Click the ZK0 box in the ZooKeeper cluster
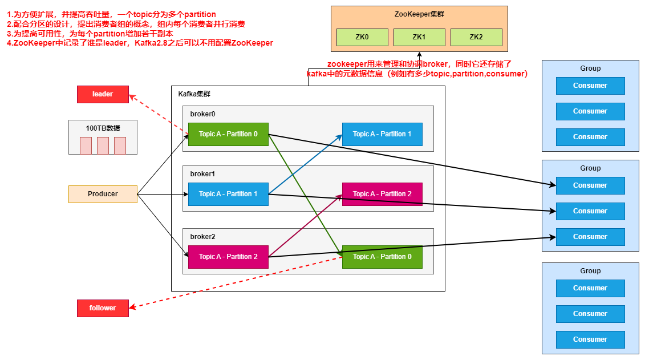tap(362, 37)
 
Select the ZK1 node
tap(419, 37)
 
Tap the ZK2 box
tap(476, 37)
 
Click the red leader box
tap(103, 94)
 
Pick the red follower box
tap(103, 308)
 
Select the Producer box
tap(103, 194)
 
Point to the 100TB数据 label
tap(103, 128)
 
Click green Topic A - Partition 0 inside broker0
tap(228, 134)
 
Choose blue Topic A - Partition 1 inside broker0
tap(382, 134)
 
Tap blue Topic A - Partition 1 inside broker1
tap(228, 194)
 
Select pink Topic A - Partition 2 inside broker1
tap(382, 194)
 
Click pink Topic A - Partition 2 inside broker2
tap(228, 257)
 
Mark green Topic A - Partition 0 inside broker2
tap(382, 257)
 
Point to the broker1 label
tap(203, 174)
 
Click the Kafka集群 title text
tap(194, 94)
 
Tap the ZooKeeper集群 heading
tap(419, 14)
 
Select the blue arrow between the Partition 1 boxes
tap(305, 164)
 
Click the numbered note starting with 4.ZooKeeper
tap(140, 43)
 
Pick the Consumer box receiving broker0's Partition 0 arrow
tap(590, 185)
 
